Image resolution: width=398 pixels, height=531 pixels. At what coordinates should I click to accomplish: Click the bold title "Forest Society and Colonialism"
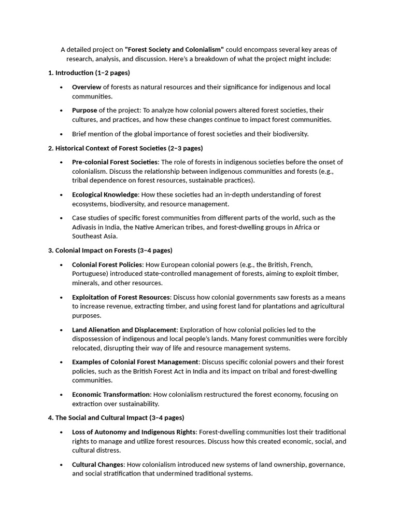(174, 50)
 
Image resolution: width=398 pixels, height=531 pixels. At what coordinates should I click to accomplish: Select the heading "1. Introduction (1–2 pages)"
(89, 73)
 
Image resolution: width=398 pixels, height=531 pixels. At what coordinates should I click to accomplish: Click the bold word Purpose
(84, 110)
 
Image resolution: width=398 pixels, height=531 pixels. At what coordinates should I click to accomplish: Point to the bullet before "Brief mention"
(62, 134)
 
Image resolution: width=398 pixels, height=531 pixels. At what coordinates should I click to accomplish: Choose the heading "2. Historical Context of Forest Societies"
(125, 148)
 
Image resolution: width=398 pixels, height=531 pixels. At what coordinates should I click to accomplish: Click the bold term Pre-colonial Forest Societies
(115, 162)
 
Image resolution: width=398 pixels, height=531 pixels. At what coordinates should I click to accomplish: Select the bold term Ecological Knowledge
(105, 194)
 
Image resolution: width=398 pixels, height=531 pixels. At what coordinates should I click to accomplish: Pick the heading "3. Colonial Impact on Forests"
(110, 250)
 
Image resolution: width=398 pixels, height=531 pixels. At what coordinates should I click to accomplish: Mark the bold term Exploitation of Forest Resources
(121, 297)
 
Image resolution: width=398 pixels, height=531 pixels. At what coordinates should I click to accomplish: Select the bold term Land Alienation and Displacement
(124, 330)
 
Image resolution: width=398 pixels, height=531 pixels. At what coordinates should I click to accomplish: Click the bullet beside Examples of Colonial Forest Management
(62, 362)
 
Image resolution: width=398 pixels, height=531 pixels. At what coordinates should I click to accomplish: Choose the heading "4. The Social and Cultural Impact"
(116, 417)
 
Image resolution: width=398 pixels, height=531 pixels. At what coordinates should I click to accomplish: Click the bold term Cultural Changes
(98, 465)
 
